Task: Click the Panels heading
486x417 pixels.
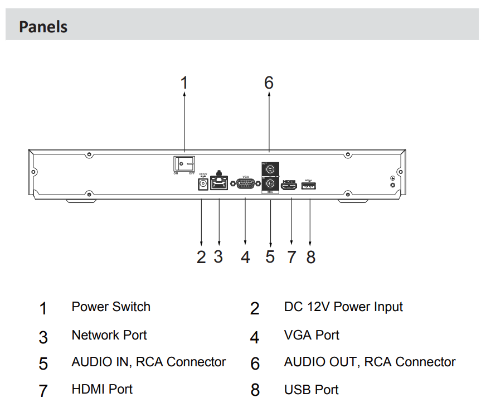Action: click(x=43, y=27)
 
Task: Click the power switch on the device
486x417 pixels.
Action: click(x=184, y=163)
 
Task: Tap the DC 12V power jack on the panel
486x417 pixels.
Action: click(x=203, y=184)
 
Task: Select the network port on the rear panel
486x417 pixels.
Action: click(x=219, y=183)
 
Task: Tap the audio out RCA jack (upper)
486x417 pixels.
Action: click(x=270, y=168)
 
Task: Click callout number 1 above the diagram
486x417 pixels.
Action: click(x=184, y=83)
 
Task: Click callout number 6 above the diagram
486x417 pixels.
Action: click(x=269, y=83)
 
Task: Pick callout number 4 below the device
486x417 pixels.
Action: click(x=245, y=257)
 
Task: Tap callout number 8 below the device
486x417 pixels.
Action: click(x=310, y=257)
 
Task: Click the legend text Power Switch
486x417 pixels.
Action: click(x=111, y=307)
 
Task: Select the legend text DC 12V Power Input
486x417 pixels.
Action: click(x=343, y=307)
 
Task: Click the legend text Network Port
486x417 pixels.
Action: click(x=109, y=335)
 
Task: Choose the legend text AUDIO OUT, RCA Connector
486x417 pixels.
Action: click(x=370, y=362)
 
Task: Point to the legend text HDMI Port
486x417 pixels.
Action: click(x=102, y=389)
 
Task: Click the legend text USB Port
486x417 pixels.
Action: click(x=311, y=389)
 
